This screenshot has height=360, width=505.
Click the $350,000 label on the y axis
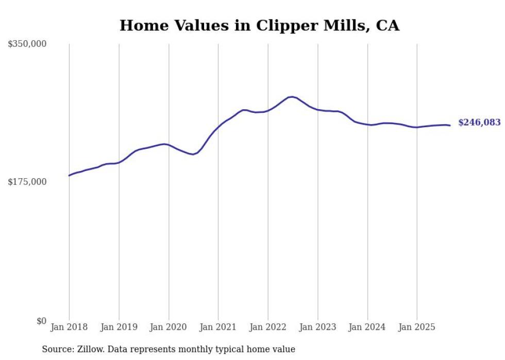click(x=27, y=44)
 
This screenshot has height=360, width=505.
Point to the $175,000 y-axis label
click(x=27, y=182)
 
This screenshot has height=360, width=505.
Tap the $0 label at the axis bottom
click(x=41, y=321)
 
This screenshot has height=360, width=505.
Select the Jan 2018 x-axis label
click(x=69, y=327)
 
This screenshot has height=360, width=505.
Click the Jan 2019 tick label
click(x=119, y=327)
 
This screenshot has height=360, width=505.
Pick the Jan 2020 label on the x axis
click(x=169, y=327)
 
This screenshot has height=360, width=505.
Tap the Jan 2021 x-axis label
click(x=218, y=327)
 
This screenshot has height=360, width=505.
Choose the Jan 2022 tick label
click(x=268, y=327)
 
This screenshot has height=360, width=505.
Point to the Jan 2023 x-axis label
click(x=317, y=327)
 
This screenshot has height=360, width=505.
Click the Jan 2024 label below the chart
click(x=367, y=327)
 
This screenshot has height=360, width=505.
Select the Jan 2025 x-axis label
click(x=417, y=327)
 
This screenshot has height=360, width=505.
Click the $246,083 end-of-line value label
click(x=479, y=123)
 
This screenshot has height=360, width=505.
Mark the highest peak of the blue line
click(x=292, y=96)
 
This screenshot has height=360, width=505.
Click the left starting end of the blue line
click(x=69, y=176)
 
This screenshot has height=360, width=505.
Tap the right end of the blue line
click(x=450, y=125)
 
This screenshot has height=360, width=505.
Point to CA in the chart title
click(x=388, y=25)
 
